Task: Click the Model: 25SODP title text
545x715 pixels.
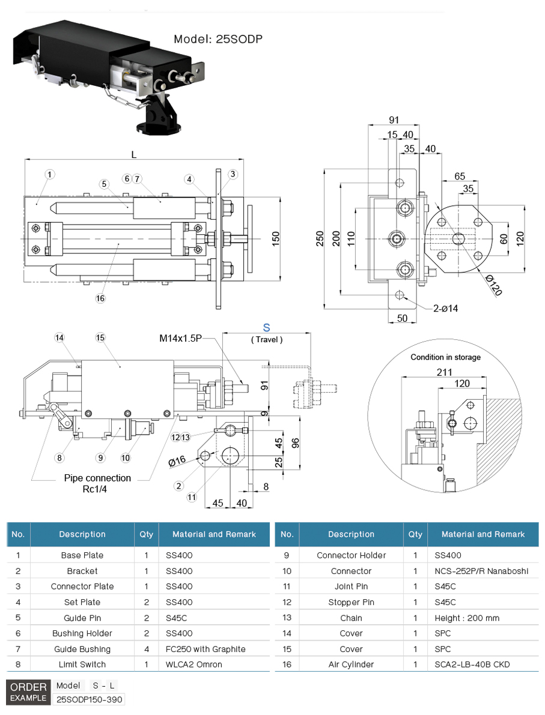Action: [x=218, y=40]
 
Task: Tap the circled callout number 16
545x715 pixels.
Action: [x=100, y=298]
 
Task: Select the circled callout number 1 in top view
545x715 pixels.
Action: [x=50, y=174]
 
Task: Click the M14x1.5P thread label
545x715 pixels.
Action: [x=180, y=339]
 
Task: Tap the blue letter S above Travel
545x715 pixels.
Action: [x=267, y=328]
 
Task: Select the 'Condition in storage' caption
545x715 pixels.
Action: [x=445, y=357]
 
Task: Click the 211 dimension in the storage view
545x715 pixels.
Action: [x=443, y=372]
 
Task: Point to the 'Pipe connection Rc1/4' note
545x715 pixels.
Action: [x=97, y=483]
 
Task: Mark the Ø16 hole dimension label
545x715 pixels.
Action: [x=177, y=461]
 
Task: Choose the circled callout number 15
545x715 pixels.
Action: [x=100, y=337]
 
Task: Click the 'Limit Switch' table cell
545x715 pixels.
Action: [x=82, y=664]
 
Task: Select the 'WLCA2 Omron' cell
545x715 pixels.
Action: [x=193, y=664]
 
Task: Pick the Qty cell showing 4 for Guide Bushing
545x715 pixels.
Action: [x=146, y=649]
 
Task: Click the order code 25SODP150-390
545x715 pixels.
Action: [x=90, y=699]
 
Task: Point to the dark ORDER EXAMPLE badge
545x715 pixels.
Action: [x=28, y=692]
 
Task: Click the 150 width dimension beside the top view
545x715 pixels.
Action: [x=276, y=239]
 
